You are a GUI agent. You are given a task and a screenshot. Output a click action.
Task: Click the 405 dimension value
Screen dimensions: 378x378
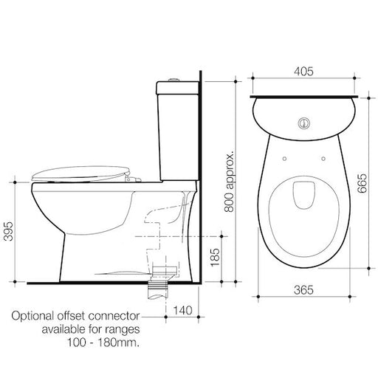pos(305,72)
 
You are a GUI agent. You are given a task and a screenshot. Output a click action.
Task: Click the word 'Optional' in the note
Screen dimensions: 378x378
pos(33,316)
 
